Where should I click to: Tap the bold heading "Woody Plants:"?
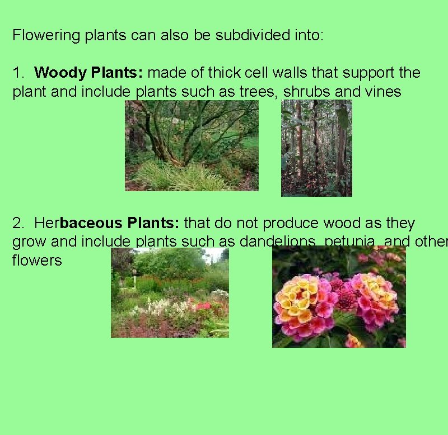(x=90, y=73)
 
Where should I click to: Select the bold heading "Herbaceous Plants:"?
(x=106, y=223)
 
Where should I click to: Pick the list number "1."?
(x=19, y=73)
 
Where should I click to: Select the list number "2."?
(x=19, y=223)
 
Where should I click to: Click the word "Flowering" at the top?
(x=46, y=36)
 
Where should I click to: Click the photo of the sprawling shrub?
(x=192, y=145)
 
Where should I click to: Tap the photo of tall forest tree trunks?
(x=316, y=148)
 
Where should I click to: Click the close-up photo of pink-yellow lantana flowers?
(x=339, y=297)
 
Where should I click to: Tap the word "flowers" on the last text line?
(x=37, y=261)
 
